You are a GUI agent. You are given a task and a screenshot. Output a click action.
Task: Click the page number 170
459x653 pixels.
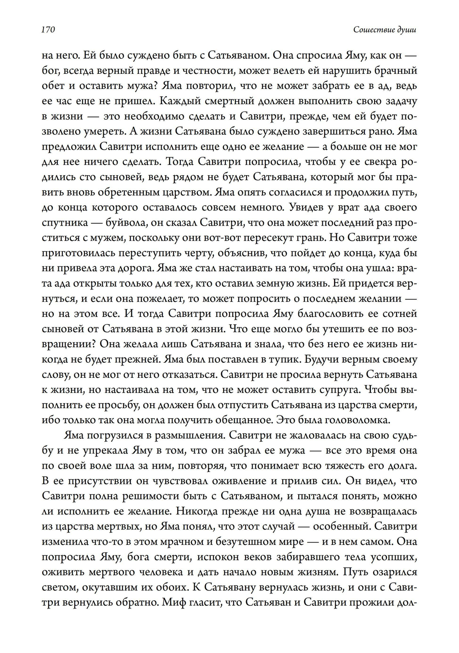pos(48,30)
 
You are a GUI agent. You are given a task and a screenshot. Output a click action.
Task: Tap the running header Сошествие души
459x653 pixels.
pos(385,30)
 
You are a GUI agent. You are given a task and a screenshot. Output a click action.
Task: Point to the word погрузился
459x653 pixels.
pos(109,435)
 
